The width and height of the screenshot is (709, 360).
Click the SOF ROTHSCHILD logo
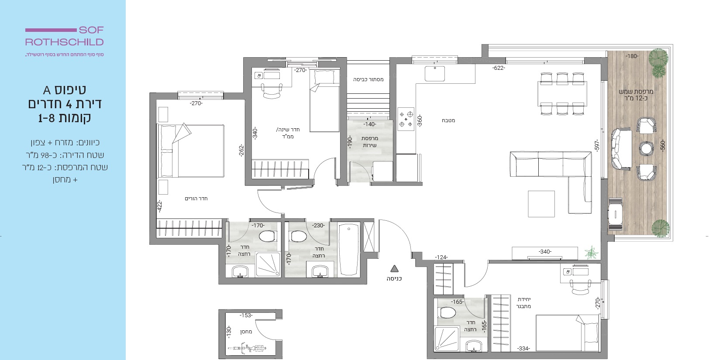point(65,36)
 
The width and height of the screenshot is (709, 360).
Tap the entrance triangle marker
point(394,268)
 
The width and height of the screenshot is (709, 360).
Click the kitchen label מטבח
point(448,120)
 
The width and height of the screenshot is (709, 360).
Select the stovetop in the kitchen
point(406,119)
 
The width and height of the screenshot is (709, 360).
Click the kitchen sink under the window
point(435,73)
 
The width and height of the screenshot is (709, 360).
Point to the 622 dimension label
point(499,68)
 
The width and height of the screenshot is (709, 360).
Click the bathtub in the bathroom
point(349,249)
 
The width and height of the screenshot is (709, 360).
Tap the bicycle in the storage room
point(247,348)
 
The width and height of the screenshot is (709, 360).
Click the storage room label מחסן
point(246,332)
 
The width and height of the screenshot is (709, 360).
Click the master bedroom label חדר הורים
point(196,199)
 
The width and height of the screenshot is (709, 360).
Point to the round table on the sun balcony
point(646,148)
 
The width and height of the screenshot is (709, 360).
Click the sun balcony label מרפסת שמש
point(636,92)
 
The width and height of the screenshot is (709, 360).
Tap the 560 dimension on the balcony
point(662,145)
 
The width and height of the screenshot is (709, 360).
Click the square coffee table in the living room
point(541,204)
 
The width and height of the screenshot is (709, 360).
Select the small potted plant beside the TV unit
point(591,253)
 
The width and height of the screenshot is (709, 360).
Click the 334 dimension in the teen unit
point(523,348)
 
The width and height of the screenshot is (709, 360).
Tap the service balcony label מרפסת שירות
point(369,142)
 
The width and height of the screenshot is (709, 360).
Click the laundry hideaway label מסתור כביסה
point(368,79)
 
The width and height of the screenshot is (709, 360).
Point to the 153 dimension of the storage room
point(246,315)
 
